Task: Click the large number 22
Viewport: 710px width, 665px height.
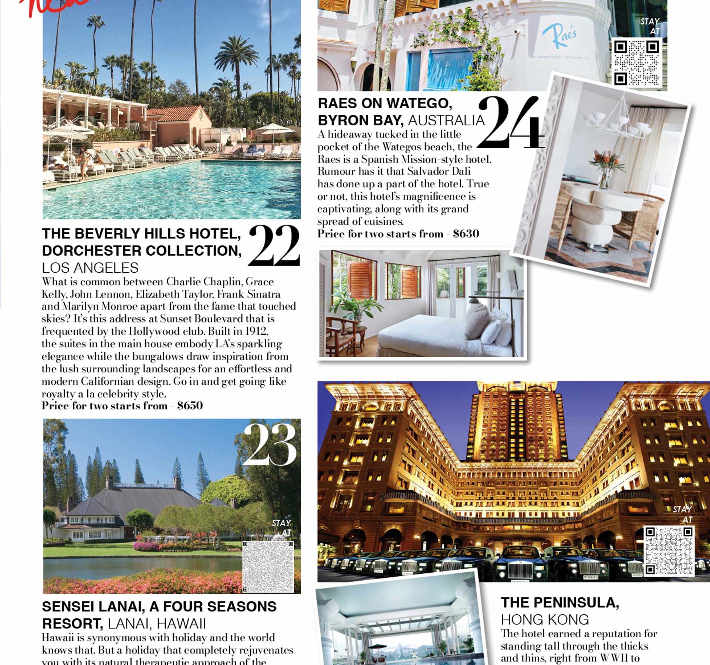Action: click(x=274, y=246)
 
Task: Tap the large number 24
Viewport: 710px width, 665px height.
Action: click(x=510, y=123)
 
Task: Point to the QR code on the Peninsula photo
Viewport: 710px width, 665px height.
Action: click(x=669, y=550)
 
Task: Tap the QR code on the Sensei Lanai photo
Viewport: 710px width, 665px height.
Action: click(x=268, y=566)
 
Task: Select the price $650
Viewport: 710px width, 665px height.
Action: click(x=190, y=406)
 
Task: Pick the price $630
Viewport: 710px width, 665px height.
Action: click(x=466, y=234)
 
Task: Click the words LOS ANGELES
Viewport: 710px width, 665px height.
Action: click(x=90, y=267)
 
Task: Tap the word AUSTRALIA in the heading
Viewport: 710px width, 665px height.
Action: click(x=446, y=120)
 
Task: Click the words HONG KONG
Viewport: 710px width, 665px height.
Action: click(x=545, y=620)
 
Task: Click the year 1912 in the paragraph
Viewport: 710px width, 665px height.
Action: click(x=256, y=331)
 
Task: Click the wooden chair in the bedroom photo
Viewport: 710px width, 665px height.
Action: click(x=340, y=334)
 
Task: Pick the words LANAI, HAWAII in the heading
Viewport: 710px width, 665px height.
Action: click(x=157, y=624)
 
